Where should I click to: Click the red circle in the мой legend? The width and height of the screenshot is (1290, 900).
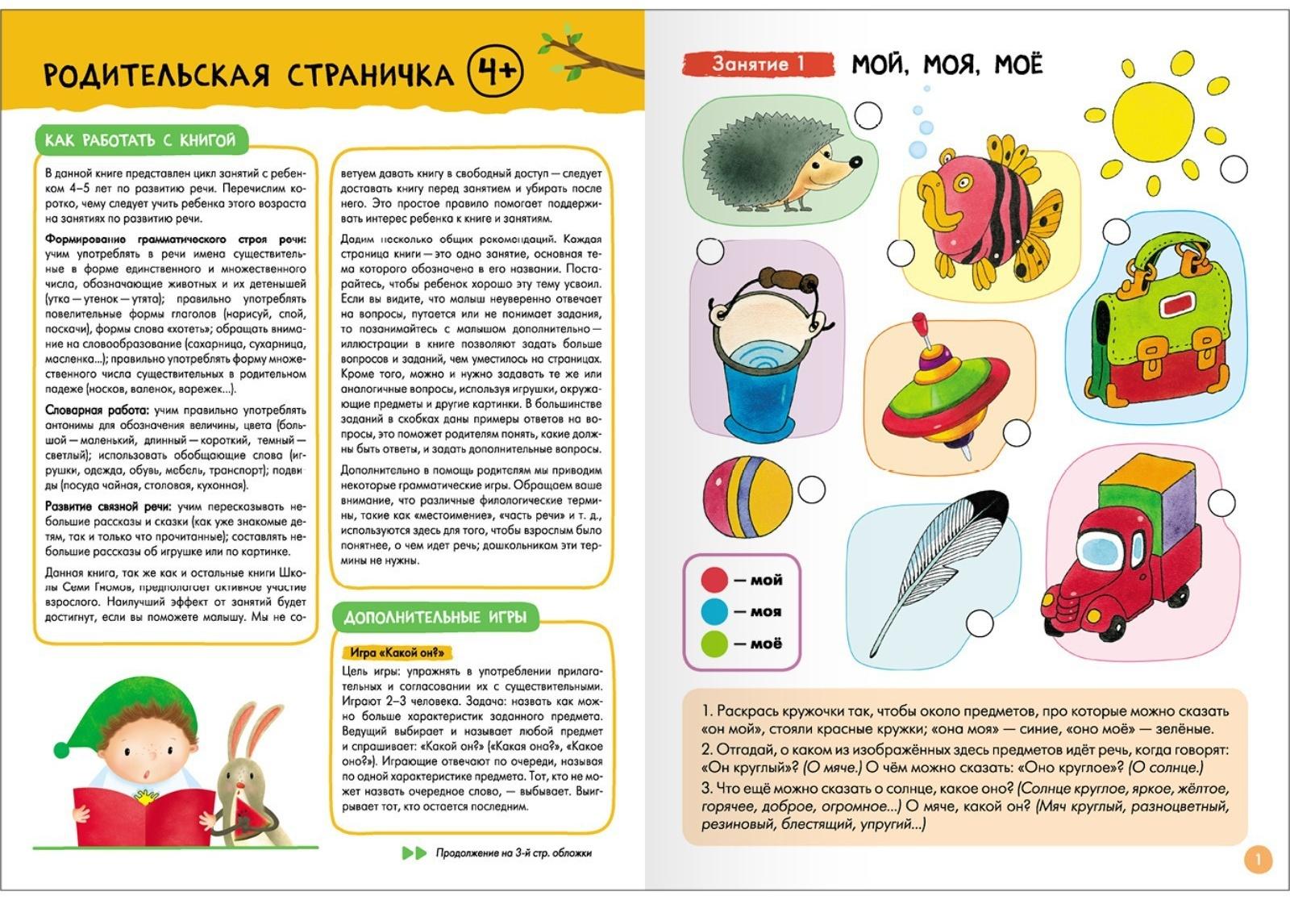(x=714, y=580)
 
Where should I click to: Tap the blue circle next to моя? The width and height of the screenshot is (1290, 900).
(x=714, y=612)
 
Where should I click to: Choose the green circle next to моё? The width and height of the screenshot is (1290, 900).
(x=714, y=644)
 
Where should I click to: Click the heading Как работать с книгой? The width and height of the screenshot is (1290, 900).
(x=140, y=140)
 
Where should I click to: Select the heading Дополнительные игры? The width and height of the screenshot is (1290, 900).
(x=435, y=618)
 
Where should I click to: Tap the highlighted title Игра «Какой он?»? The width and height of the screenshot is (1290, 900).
(x=398, y=652)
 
